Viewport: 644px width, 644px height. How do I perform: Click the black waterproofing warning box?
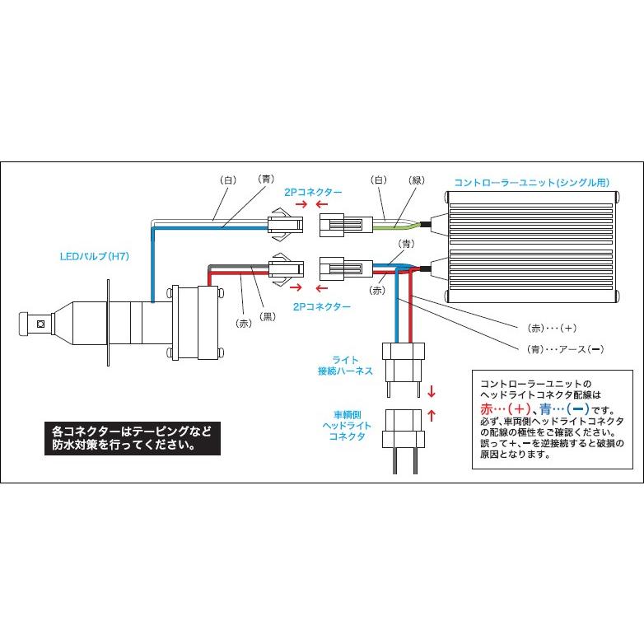click(133, 440)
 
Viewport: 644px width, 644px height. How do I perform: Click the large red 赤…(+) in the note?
click(505, 409)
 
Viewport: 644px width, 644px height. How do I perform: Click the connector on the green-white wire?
click(339, 222)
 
